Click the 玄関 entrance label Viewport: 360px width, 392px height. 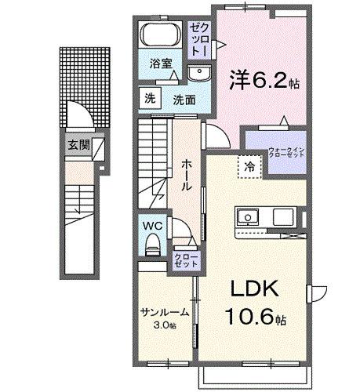[x=78, y=144]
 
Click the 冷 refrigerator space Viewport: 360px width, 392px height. [x=249, y=165]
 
